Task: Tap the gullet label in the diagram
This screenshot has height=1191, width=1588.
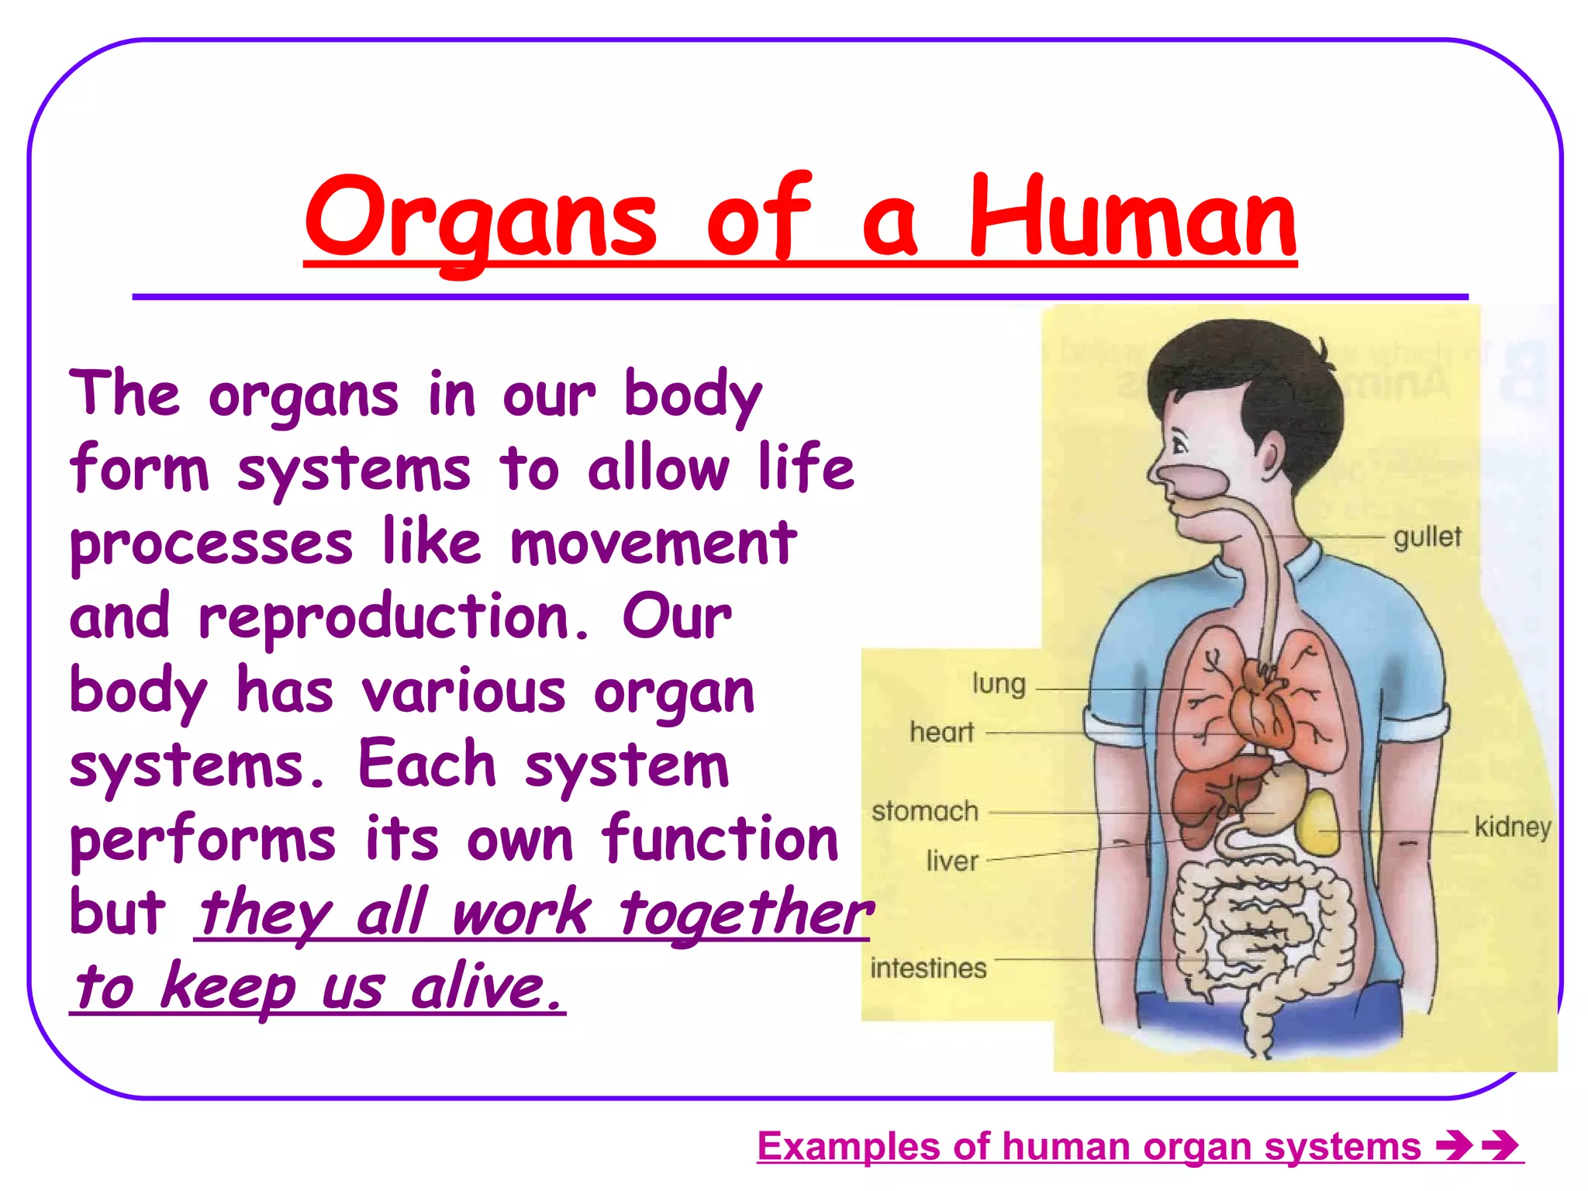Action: [1427, 537]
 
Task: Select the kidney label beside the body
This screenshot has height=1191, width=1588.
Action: [1512, 827]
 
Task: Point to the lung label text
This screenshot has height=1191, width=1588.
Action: [999, 684]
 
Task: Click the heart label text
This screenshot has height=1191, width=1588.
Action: [941, 732]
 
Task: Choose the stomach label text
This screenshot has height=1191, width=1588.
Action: [925, 811]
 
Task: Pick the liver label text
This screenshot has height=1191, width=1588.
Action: [952, 861]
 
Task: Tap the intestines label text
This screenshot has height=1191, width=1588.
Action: [928, 968]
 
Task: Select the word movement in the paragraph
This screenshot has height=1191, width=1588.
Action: [653, 543]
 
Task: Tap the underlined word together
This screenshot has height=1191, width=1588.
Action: [746, 913]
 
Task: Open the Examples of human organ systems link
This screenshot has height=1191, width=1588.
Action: [1089, 1146]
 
